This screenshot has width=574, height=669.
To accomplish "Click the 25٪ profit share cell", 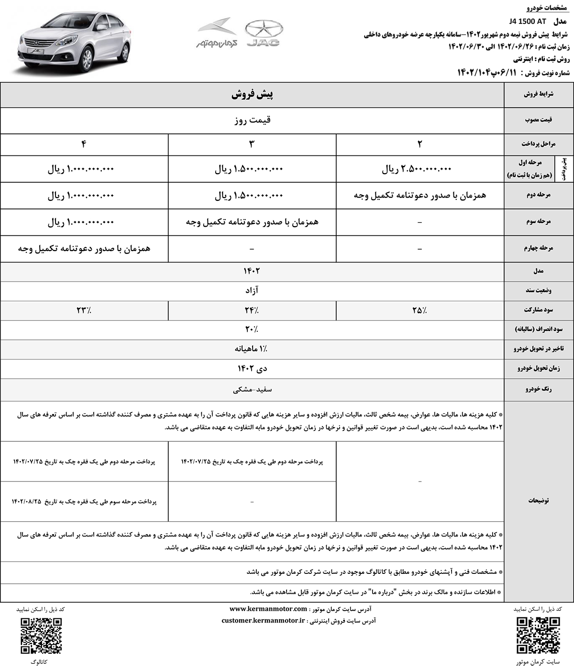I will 419,310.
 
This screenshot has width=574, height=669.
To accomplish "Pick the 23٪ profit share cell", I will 84,310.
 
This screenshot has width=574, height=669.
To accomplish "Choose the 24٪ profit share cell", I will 252,310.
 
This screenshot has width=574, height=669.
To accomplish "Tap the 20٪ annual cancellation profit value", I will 252,329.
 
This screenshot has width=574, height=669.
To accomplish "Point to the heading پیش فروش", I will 252,95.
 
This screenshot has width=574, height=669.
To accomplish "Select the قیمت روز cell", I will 252,120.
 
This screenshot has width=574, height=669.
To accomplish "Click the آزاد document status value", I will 252,290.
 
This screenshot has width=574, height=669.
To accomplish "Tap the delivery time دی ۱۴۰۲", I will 252,368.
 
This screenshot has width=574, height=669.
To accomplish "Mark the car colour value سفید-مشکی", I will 252,390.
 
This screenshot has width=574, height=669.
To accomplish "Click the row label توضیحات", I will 539,500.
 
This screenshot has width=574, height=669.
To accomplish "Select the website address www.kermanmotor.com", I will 268,609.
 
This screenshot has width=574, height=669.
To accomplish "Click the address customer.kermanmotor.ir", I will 264,620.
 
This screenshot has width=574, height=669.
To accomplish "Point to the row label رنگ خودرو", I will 539,390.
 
